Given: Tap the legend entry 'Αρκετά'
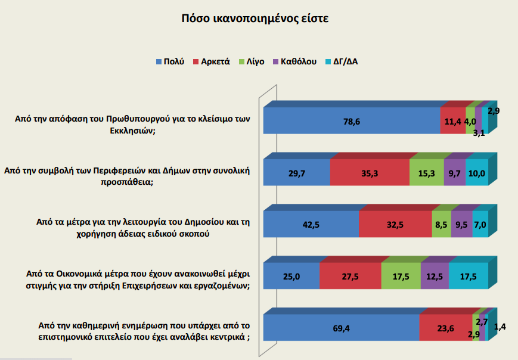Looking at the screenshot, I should point(215,61).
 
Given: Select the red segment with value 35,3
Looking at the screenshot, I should point(370,173).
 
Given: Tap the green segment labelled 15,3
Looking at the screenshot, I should point(427,173).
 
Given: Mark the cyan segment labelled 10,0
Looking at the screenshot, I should point(477,173).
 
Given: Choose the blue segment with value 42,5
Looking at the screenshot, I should point(311,224).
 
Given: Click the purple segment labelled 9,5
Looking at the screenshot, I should point(462,224).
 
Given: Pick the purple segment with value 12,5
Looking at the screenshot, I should point(435,276).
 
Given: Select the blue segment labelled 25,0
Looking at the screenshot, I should point(291,276).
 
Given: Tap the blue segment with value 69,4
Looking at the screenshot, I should point(341,327).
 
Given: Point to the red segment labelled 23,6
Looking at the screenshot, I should point(445,327).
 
